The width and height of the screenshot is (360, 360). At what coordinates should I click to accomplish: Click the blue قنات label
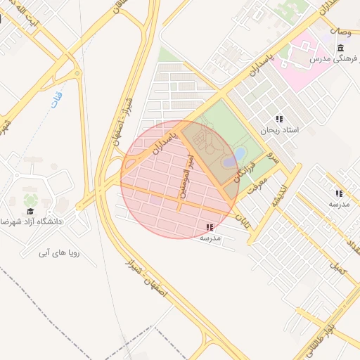pyautogui.click(x=58, y=99)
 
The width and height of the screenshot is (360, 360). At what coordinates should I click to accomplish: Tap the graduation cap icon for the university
pyautogui.click(x=30, y=211)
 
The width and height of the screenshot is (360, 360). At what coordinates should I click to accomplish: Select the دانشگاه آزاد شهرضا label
pyautogui.click(x=34, y=221)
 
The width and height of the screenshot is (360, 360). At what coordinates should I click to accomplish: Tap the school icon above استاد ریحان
pyautogui.click(x=279, y=120)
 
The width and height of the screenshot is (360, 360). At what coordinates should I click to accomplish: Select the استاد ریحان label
pyautogui.click(x=280, y=131)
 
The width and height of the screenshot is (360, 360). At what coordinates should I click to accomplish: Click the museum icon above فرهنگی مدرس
pyautogui.click(x=341, y=48)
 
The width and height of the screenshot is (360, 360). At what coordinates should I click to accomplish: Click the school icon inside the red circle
pyautogui.click(x=210, y=227)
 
